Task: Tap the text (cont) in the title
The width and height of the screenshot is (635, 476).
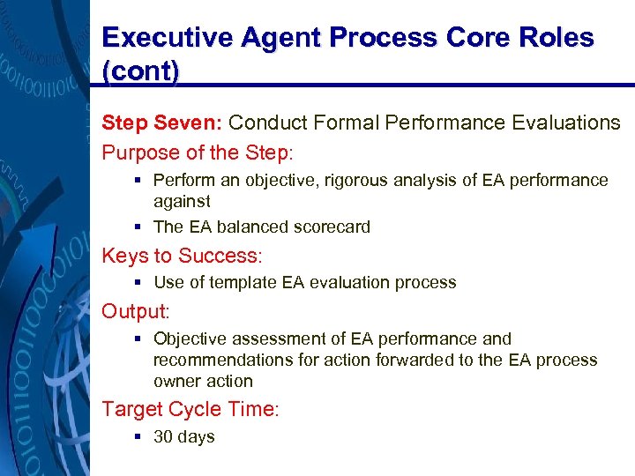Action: (x=140, y=71)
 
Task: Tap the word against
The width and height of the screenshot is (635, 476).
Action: (x=182, y=202)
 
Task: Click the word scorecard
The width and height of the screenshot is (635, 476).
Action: (x=332, y=227)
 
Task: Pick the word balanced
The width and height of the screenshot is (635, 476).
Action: (x=251, y=227)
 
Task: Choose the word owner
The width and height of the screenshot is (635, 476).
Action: (x=176, y=382)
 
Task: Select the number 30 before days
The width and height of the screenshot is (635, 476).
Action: (x=163, y=437)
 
